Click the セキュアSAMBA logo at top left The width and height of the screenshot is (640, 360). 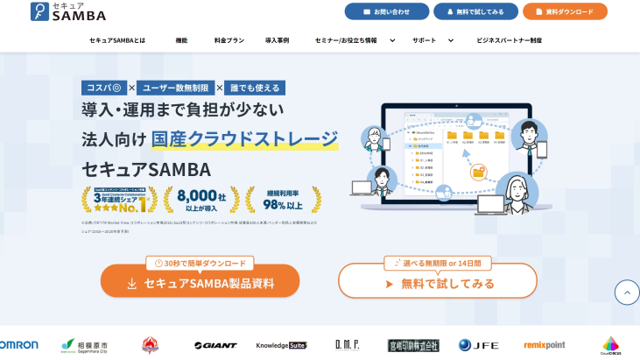67,11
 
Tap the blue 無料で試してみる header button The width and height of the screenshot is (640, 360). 475,11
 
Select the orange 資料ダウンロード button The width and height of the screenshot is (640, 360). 565,11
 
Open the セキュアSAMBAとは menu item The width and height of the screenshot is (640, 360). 117,40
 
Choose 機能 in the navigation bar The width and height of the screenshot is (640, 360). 181,40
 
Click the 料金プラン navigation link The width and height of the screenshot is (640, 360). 229,40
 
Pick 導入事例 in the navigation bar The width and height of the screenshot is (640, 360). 277,40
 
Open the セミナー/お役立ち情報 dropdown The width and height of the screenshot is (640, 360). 355,40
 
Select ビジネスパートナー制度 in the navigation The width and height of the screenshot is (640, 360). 509,40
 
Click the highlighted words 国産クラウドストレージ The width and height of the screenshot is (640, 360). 244,138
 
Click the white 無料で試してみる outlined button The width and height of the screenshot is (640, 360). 437,284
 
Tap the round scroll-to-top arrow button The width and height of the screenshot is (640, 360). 627,292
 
